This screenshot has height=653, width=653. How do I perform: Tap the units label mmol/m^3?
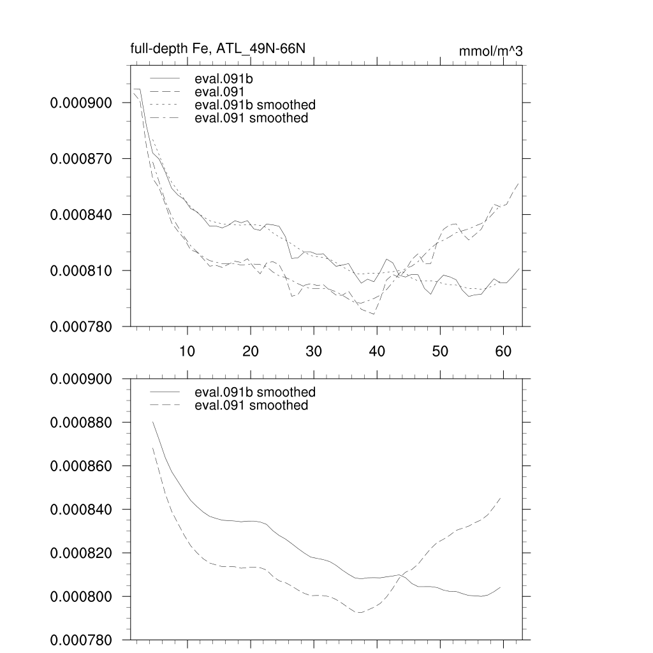[490, 51]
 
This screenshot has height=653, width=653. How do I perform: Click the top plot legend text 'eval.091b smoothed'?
[254, 105]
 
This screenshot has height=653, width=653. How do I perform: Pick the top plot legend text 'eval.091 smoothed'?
[251, 118]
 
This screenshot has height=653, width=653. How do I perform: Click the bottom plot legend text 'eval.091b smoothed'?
[254, 392]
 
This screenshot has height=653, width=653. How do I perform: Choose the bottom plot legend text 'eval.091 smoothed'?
[251, 405]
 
